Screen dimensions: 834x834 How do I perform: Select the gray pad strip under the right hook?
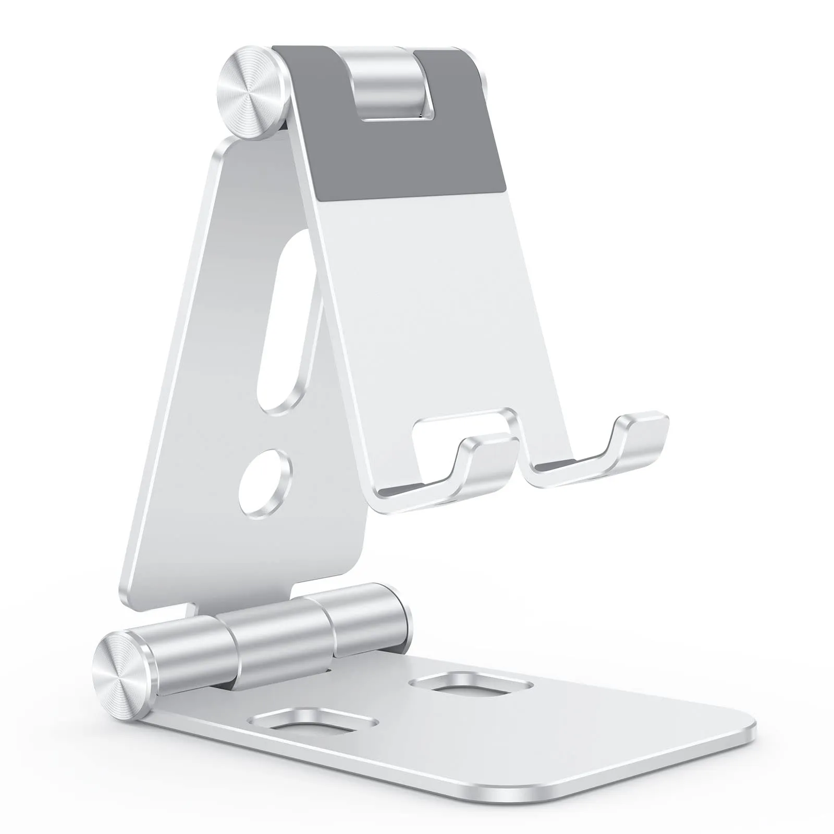click(x=568, y=464)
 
